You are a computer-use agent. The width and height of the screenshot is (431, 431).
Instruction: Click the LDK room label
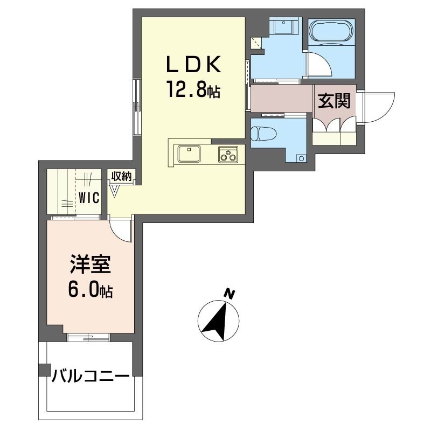tap(192, 65)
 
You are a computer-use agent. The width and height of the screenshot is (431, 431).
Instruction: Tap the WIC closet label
tap(88, 197)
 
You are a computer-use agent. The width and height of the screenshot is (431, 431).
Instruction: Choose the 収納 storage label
tap(122, 176)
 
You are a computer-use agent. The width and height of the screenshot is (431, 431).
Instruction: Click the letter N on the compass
tap(230, 294)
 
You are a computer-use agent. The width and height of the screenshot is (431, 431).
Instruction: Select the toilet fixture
tap(263, 132)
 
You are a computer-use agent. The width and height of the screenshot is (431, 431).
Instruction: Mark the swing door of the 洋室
tap(122, 231)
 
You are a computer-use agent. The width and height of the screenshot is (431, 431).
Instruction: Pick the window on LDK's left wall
tap(137, 108)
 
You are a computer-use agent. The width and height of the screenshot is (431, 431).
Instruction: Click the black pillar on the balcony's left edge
tap(43, 371)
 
